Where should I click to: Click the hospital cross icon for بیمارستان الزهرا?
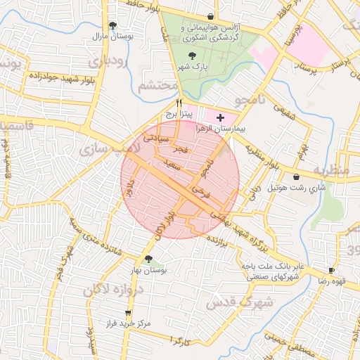221,117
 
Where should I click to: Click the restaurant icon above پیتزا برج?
169,103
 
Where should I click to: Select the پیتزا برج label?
179,112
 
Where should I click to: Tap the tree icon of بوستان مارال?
112,25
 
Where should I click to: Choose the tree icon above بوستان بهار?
148,258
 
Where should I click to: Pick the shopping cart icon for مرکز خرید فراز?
127,313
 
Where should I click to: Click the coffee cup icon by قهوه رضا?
331,270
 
